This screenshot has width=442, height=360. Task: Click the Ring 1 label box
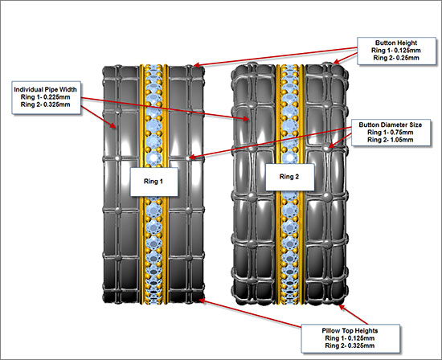tap(154, 182)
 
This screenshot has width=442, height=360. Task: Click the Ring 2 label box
tap(290, 177)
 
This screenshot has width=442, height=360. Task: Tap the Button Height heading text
tap(396, 43)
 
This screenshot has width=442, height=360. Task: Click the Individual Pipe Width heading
tap(45, 90)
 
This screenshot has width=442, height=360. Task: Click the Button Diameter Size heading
tap(391, 125)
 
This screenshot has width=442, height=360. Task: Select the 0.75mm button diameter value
tap(402, 133)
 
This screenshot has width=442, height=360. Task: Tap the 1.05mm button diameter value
tap(402, 140)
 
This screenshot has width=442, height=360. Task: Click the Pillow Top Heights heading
tap(350, 331)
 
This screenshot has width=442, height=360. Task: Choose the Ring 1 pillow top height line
tap(350, 338)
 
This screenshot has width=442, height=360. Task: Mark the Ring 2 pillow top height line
tap(350, 346)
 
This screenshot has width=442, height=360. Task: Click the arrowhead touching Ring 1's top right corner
tap(198, 65)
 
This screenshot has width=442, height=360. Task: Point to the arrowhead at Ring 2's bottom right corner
tap(342, 307)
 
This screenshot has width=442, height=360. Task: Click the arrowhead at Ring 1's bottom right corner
tap(203, 301)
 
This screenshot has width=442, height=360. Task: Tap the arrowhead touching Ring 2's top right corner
tap(337, 61)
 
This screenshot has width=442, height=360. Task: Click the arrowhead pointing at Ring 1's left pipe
tap(113, 125)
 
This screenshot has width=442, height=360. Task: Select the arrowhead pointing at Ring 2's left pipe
tap(246, 119)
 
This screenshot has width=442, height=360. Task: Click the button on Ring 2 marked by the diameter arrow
tap(326, 147)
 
